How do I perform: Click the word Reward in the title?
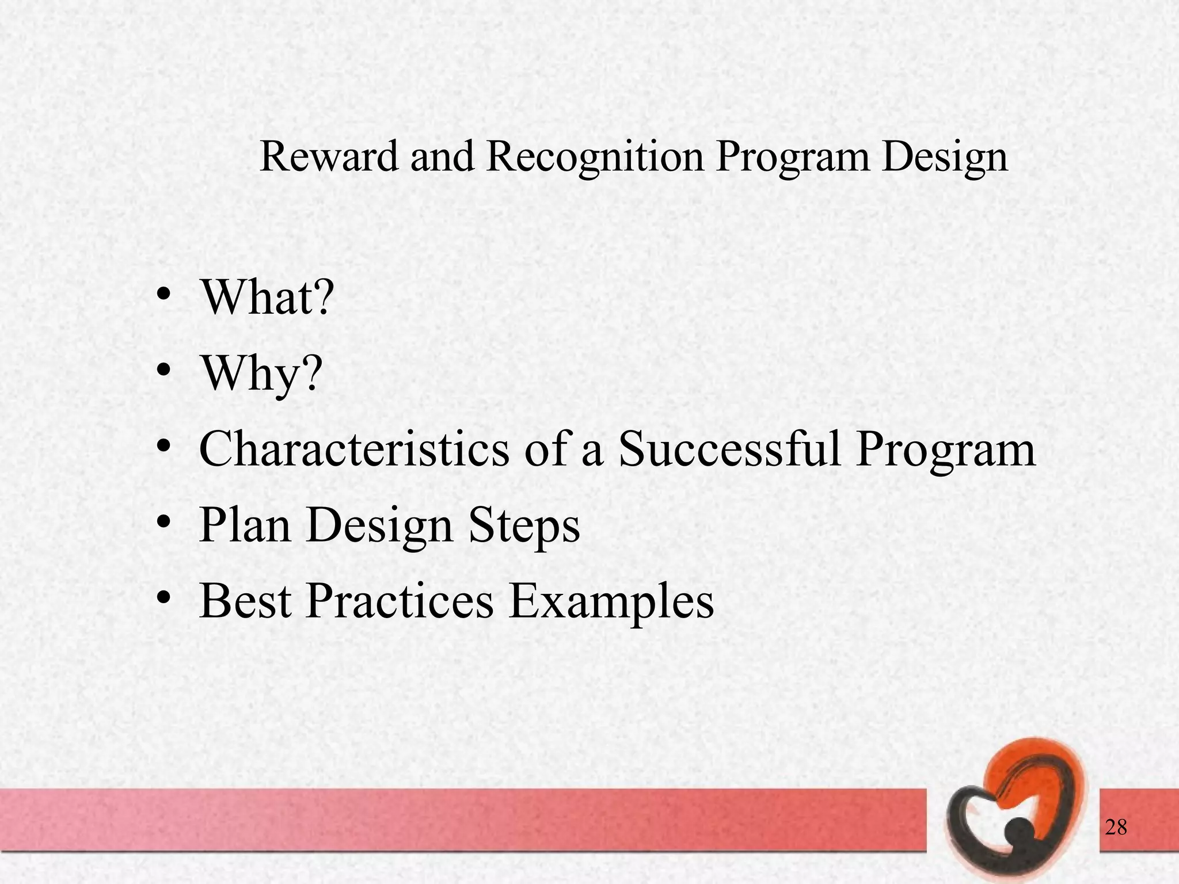point(329,157)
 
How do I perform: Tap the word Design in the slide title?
point(944,157)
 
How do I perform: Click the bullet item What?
point(266,298)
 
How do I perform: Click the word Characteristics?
point(354,449)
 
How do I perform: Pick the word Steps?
point(523,525)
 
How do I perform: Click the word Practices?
point(400,601)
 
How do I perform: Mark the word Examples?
point(611,601)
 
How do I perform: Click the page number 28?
point(1116,828)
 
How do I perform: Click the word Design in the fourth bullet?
point(379,525)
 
